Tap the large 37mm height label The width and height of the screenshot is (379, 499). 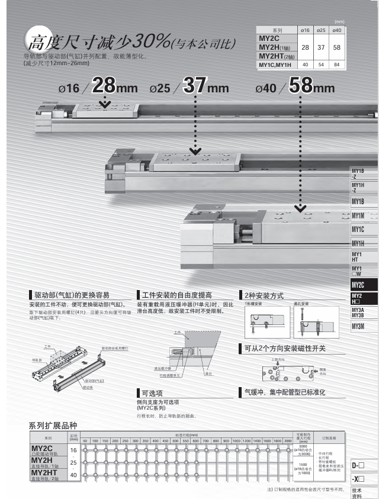pyautogui.click(x=205, y=86)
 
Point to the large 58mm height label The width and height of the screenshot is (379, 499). pyautogui.click(x=311, y=86)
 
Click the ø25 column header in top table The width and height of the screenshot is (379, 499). pyautogui.click(x=320, y=30)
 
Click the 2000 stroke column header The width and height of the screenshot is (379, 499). pyautogui.click(x=288, y=441)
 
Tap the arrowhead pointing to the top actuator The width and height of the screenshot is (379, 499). pyautogui.click(x=105, y=105)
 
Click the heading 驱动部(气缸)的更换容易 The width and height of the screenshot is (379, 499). pyautogui.click(x=79, y=295)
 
